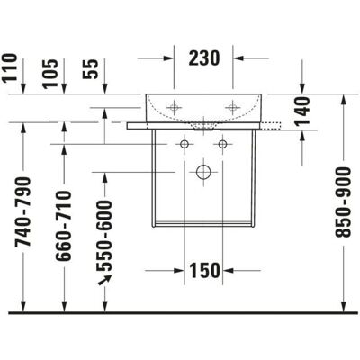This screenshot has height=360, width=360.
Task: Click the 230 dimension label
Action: coord(204,58)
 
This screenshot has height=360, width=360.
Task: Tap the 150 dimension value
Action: coord(204,270)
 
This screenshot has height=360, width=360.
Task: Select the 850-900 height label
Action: coord(343,202)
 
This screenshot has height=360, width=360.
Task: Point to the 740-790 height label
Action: coord(23,211)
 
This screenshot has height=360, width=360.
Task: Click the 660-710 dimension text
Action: coord(64,226)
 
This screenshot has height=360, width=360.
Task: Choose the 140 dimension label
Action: coord(301,111)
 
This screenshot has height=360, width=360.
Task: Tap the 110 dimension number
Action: coord(9,67)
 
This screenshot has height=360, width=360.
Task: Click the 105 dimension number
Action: coord(49,74)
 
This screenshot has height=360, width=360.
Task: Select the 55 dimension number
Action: coord(91,69)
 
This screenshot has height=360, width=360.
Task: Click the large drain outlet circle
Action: coord(203,172)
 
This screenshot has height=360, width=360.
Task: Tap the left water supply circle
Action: coord(184,144)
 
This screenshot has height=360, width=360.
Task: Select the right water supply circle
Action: coord(222,144)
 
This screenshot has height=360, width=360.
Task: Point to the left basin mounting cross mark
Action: coord(174,107)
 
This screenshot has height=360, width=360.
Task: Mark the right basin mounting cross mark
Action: coord(233,107)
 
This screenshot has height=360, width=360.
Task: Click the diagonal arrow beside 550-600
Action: coord(104,280)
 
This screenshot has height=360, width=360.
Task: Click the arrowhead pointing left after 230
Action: coord(238,58)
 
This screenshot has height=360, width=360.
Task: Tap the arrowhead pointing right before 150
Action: coord(179,271)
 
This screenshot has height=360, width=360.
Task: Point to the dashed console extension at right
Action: coord(271,126)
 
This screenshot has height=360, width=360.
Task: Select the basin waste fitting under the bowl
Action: coord(204,126)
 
